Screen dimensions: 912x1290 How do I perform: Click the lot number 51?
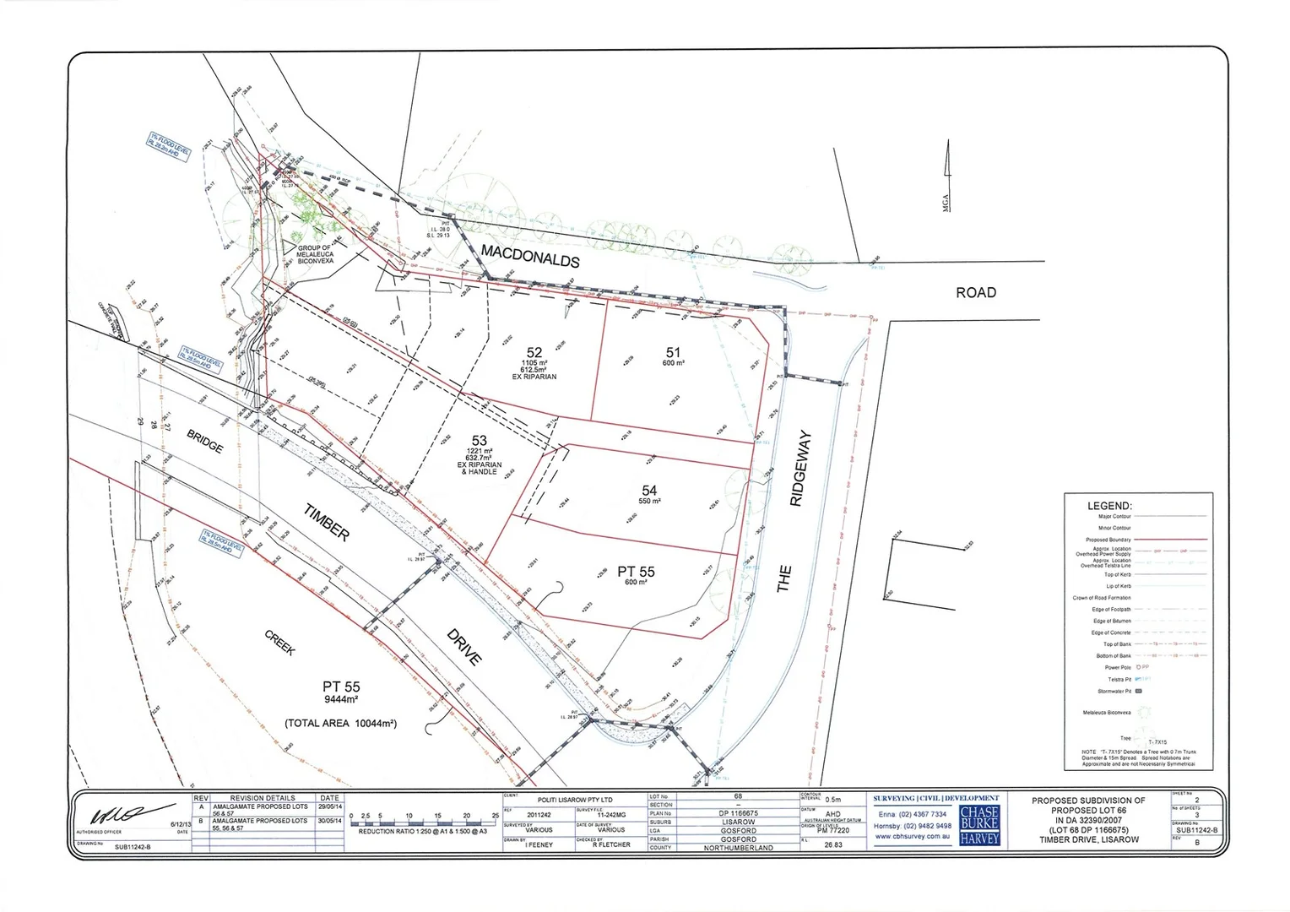673,353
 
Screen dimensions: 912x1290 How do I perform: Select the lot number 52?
534,353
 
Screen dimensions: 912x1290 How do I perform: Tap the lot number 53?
480,440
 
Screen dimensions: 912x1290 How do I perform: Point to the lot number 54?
649,491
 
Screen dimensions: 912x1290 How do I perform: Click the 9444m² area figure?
341,699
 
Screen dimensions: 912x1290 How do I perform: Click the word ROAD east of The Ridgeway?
975,292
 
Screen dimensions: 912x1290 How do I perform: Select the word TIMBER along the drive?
326,520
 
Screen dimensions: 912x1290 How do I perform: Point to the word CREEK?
279,643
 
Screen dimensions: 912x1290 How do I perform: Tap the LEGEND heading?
1109,506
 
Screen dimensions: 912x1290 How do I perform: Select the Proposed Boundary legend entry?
1108,540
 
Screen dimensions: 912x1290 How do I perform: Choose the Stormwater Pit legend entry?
1114,691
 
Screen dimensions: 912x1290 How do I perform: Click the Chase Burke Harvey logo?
979,824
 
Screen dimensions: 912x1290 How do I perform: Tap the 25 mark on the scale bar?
495,816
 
